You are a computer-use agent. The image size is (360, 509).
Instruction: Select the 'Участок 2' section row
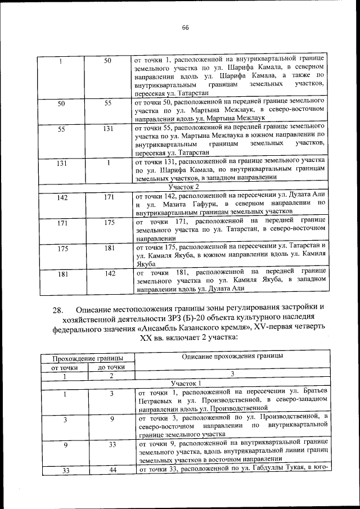click(x=184, y=187)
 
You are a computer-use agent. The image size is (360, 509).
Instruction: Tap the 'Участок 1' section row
click(x=184, y=382)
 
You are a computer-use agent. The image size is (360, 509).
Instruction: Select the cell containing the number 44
click(x=111, y=470)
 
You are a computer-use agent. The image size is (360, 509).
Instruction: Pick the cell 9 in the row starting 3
click(x=111, y=418)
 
